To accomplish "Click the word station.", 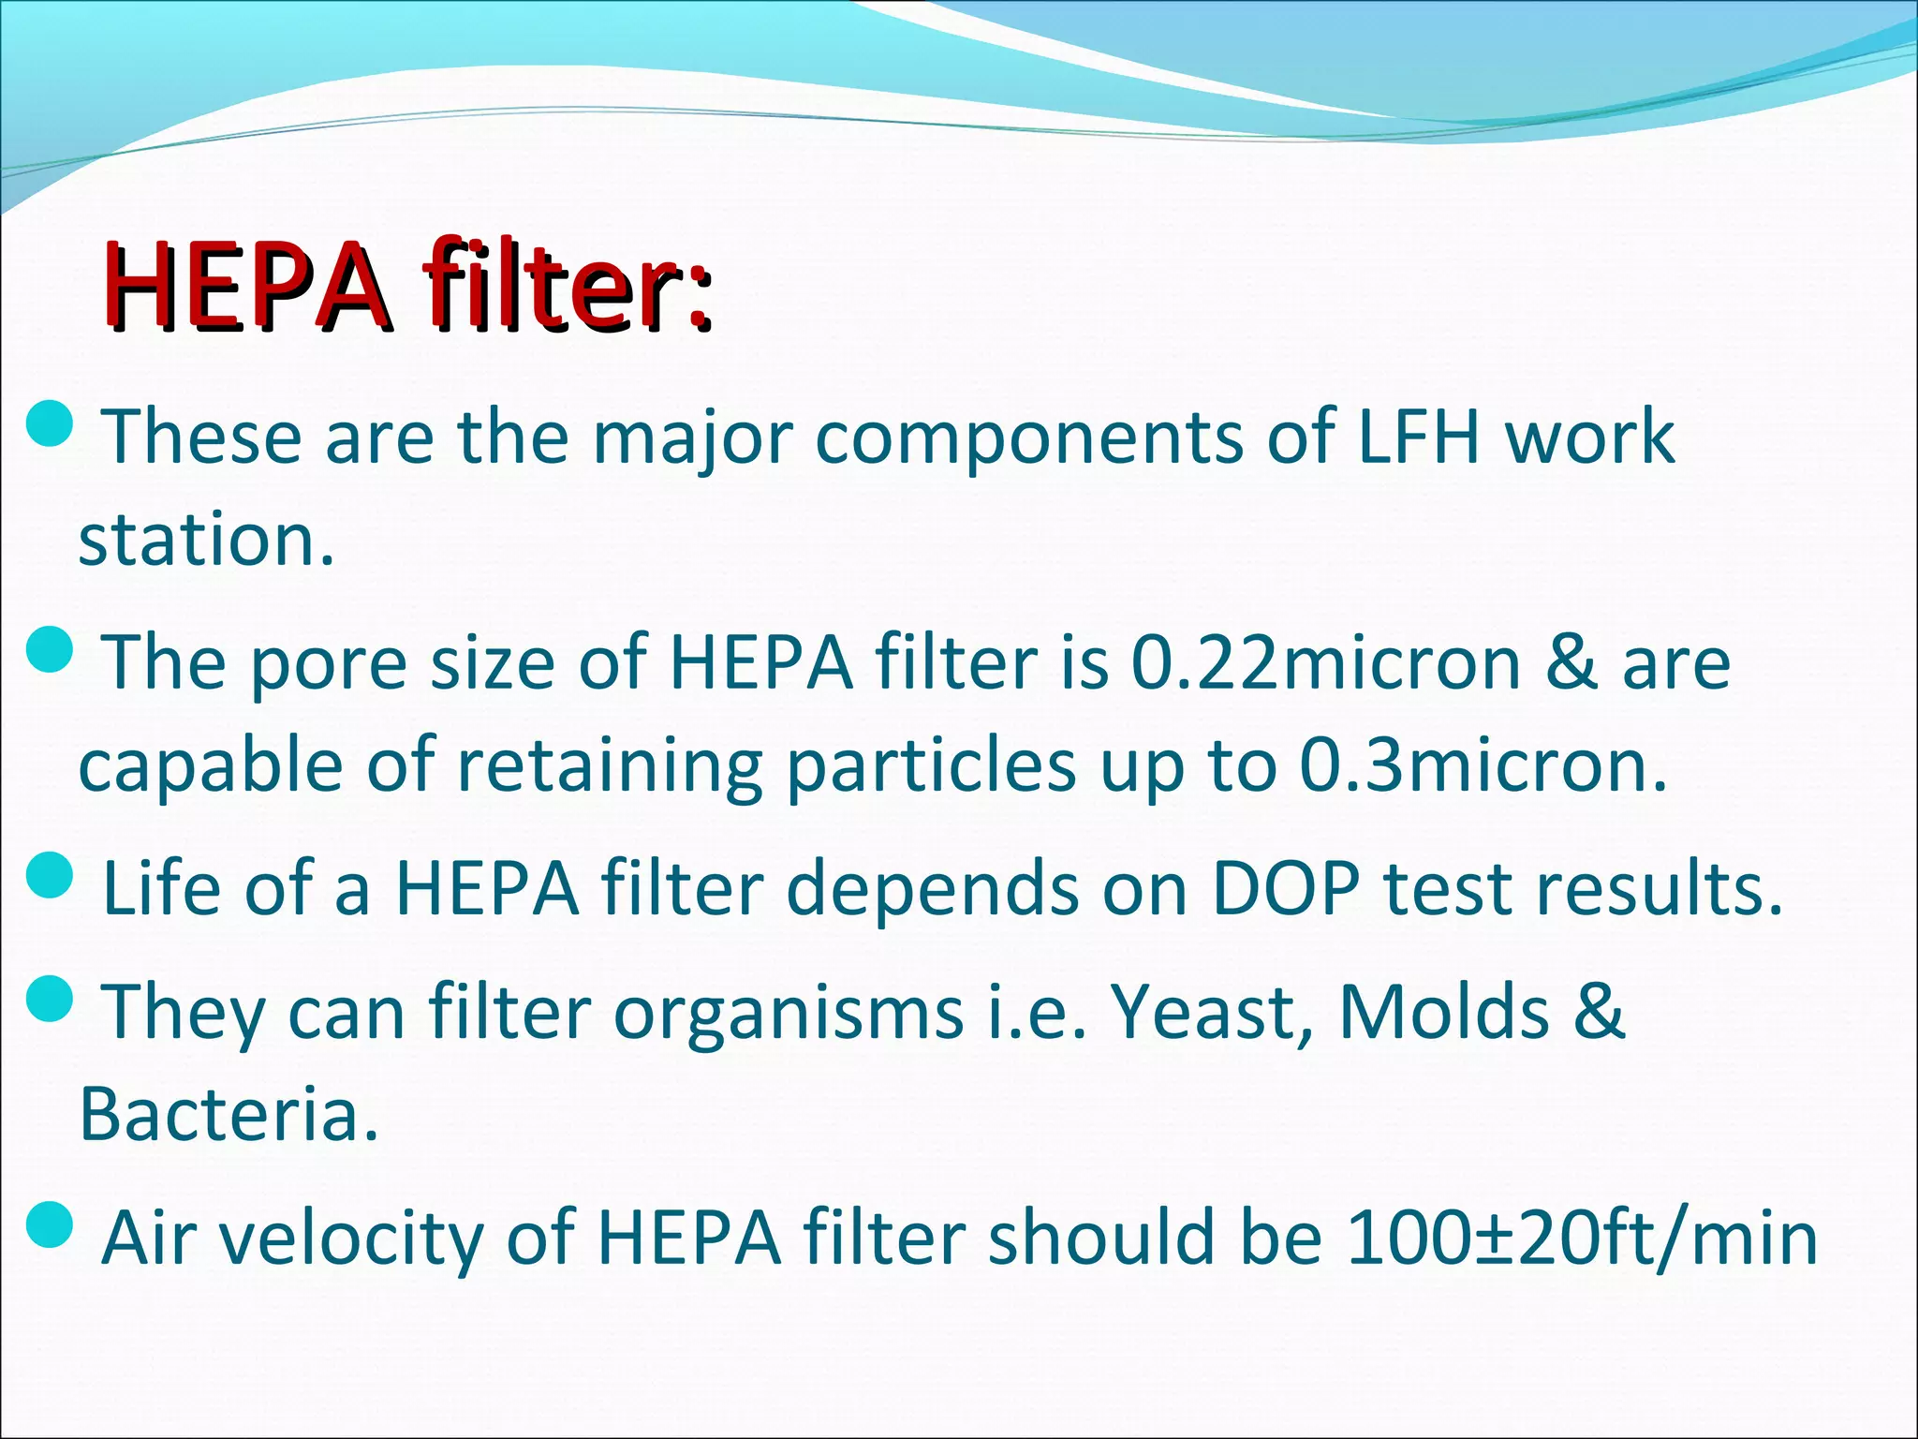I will (x=206, y=541).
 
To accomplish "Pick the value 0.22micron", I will (x=1326, y=663).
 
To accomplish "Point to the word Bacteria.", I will (x=229, y=1115).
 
